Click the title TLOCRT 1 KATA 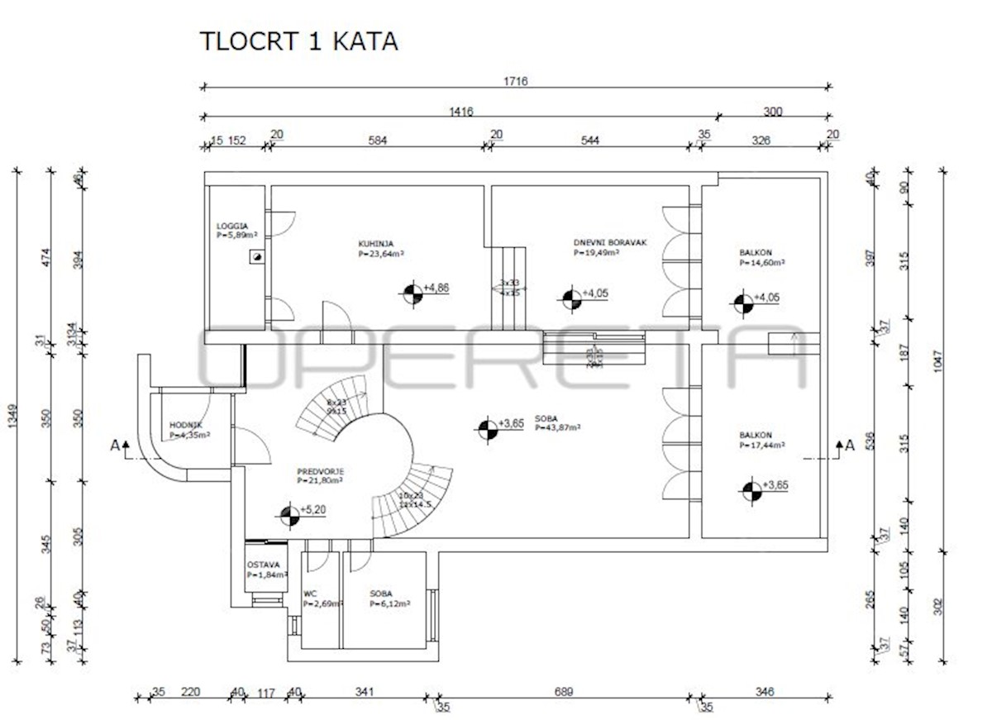click(299, 41)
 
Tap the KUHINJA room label click(376, 244)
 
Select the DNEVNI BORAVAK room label click(609, 243)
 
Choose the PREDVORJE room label click(320, 472)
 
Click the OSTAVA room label click(263, 565)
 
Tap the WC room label click(310, 594)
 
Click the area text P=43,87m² click(557, 427)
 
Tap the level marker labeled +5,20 click(289, 516)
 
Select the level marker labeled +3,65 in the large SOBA click(488, 428)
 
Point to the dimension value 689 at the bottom click(562, 691)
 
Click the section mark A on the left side click(115, 446)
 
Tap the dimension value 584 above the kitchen click(376, 141)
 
